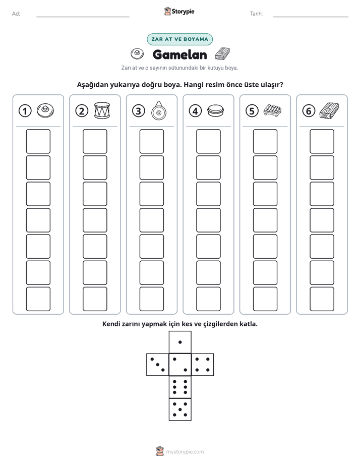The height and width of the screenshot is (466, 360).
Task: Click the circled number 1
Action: tap(25, 111)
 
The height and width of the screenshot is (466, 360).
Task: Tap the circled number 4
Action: tap(195, 111)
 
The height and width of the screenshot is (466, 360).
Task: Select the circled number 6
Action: tap(309, 111)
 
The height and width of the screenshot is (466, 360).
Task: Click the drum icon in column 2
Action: tap(102, 110)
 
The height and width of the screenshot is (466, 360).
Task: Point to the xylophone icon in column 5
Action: tap(272, 110)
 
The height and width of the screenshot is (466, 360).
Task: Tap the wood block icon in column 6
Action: tap(329, 110)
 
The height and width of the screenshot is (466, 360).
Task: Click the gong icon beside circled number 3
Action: tap(159, 110)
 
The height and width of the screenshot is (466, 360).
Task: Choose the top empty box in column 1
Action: tap(38, 141)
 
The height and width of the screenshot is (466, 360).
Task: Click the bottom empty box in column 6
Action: tap(322, 299)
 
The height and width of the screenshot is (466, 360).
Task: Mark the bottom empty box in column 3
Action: tap(151, 299)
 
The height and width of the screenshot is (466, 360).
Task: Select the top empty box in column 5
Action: tap(265, 141)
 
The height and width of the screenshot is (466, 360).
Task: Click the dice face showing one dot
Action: tap(180, 342)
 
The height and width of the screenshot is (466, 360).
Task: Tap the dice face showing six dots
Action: tap(180, 387)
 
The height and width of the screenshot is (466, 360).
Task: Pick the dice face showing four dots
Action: tap(203, 364)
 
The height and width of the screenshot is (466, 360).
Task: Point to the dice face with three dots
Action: tap(158, 364)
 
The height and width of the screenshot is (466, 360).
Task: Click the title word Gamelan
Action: tap(180, 54)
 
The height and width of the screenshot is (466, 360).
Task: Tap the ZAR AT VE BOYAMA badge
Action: tap(179, 39)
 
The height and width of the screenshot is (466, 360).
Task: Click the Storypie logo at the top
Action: tap(179, 11)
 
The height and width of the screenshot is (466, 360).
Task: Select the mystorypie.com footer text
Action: tap(185, 452)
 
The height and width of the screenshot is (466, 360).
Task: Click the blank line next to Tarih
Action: tap(311, 17)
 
